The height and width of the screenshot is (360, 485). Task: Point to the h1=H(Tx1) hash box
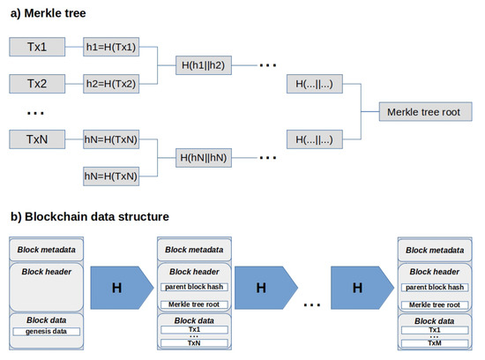point(112,47)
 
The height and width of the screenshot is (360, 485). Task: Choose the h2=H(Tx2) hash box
point(112,84)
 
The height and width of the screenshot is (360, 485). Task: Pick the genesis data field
point(47,331)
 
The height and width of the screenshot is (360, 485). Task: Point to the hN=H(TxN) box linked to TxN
point(112,139)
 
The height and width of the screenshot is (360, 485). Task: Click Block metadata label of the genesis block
point(47,249)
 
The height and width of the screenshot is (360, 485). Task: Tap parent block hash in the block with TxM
point(433,287)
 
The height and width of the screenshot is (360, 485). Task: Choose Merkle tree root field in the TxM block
point(433,304)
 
